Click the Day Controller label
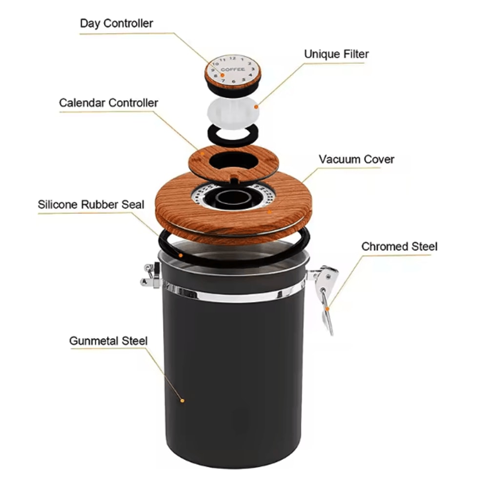point(116,23)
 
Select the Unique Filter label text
point(336,54)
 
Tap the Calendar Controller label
point(108,103)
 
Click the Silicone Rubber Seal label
point(91,204)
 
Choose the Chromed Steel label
point(399,246)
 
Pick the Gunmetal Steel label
point(108,341)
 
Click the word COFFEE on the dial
point(233,70)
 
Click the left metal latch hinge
point(151,275)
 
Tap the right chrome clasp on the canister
point(324,293)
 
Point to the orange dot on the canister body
point(182,401)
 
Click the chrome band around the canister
point(234,294)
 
